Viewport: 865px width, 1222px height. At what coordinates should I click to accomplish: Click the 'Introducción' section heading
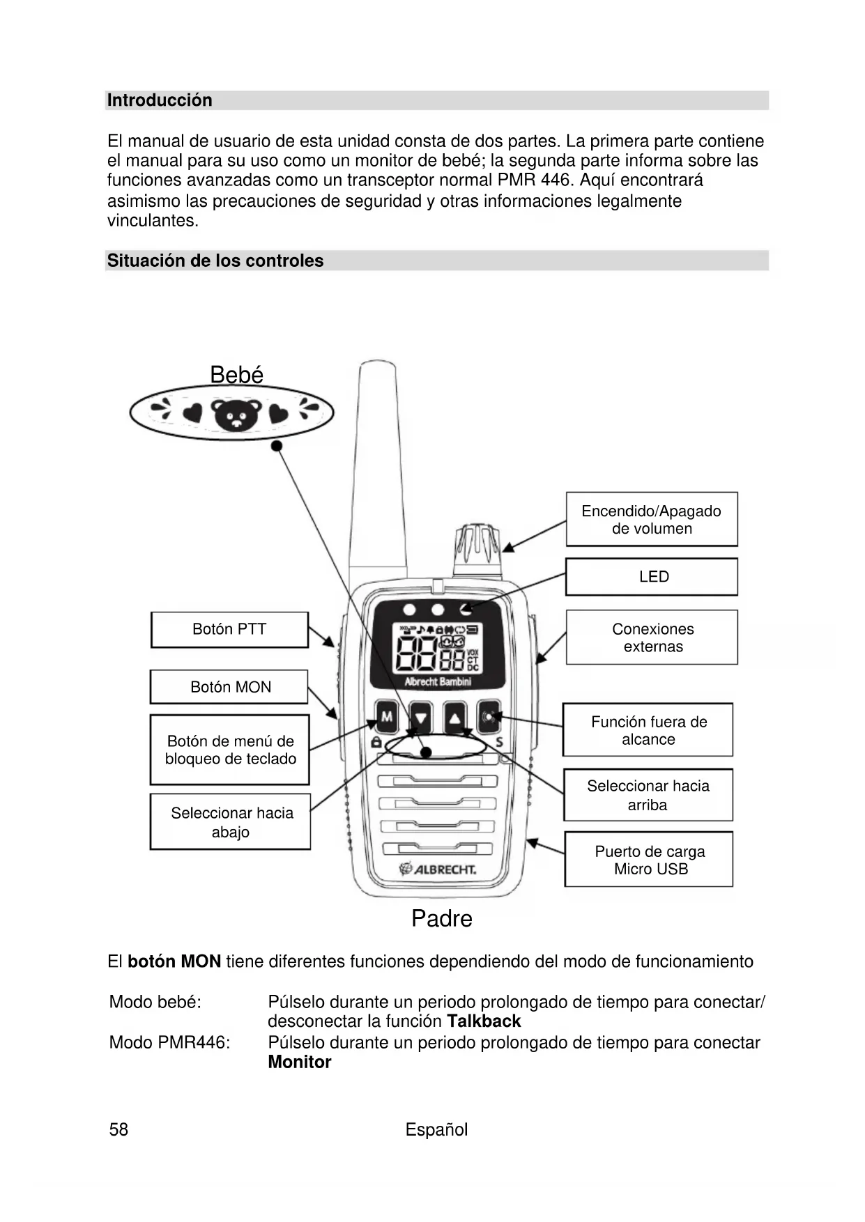(160, 100)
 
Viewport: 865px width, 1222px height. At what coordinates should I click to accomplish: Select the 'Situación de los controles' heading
(215, 261)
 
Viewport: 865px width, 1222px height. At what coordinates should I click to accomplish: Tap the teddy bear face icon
(237, 415)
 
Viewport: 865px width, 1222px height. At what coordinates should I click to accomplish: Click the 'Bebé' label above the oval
(236, 375)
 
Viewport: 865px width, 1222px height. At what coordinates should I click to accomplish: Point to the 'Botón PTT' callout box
(229, 630)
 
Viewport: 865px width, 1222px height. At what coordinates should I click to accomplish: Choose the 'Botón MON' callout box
(229, 687)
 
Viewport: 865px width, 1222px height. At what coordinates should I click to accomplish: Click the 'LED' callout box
(652, 577)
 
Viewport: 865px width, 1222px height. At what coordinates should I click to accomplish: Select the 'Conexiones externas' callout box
(652, 637)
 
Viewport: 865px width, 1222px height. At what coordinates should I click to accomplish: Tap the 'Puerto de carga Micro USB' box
(649, 860)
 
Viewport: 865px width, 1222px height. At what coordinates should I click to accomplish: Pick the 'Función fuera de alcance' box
(648, 730)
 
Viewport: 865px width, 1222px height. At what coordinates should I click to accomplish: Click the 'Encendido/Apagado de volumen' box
(652, 520)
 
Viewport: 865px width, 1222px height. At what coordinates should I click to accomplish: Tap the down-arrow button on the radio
(420, 718)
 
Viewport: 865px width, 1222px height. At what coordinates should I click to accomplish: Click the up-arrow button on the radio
(454, 718)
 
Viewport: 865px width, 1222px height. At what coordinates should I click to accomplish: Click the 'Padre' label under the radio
(442, 918)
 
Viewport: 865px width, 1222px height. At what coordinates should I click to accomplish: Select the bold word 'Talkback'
(484, 1021)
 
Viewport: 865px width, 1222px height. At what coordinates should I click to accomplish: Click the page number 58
(118, 1129)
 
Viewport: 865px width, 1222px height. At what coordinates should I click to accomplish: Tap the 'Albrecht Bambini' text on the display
(438, 681)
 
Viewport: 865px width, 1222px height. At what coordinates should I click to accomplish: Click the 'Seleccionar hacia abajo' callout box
(231, 822)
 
